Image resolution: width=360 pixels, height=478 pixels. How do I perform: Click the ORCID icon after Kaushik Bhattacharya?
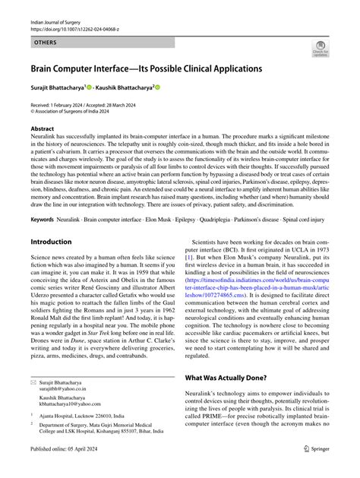pyautogui.click(x=158, y=88)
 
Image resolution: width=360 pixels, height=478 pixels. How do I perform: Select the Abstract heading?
pyautogui.click(x=43, y=130)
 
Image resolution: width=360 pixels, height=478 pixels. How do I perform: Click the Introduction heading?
pyautogui.click(x=51, y=242)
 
